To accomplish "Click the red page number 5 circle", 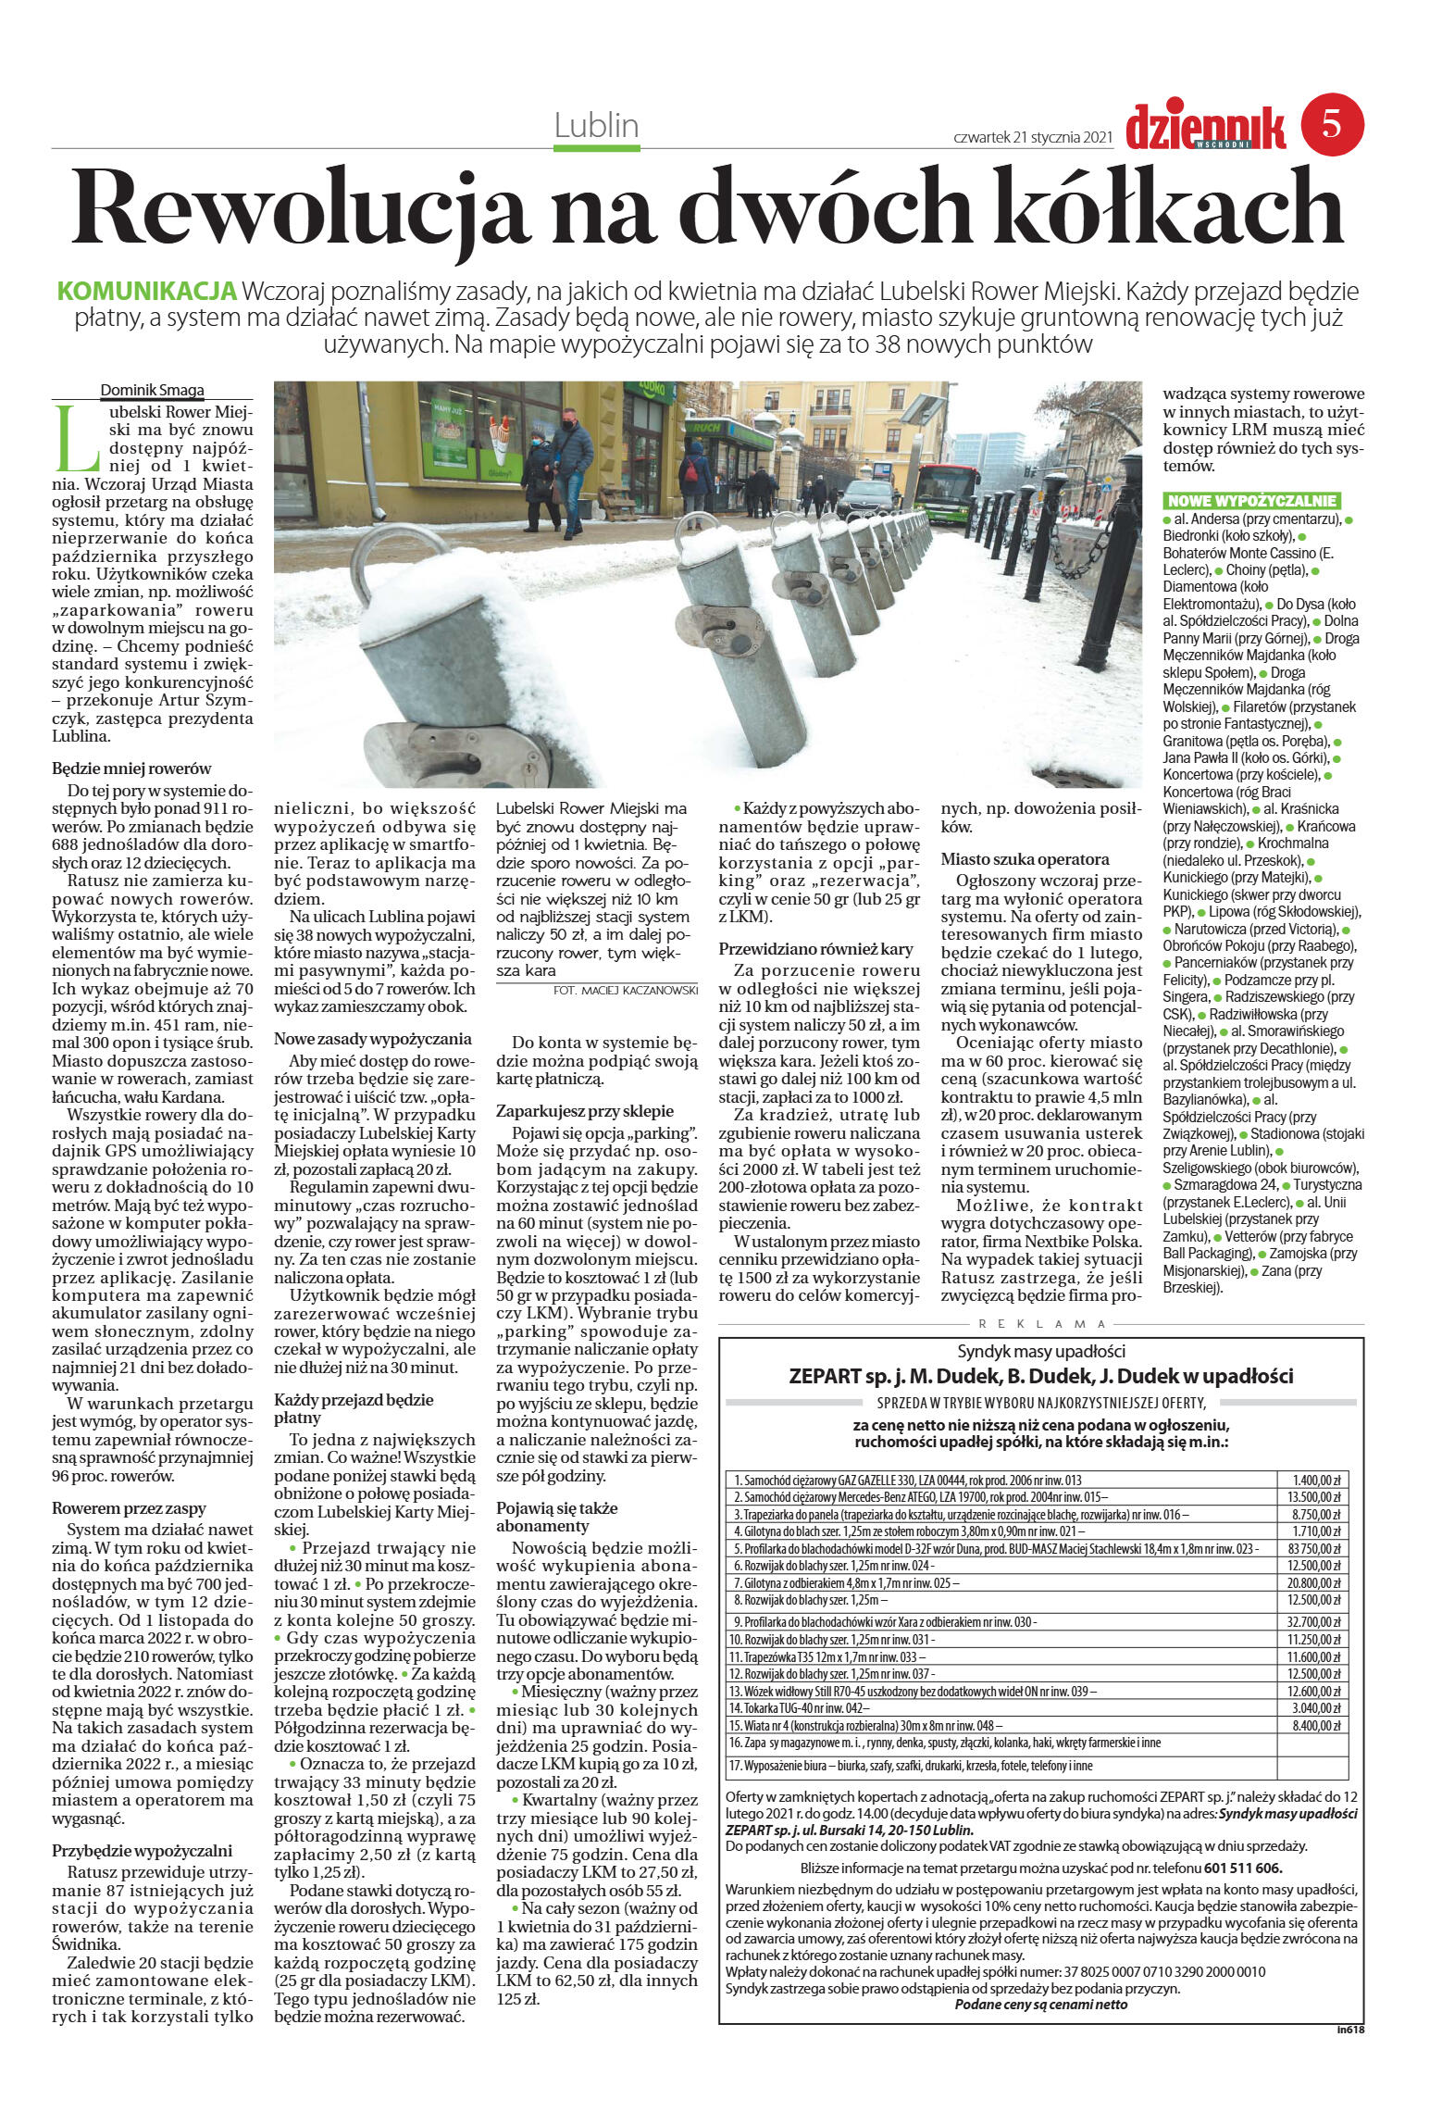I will point(1332,124).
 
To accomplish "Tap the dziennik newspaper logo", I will point(1205,127).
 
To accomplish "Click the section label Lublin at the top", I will point(596,126).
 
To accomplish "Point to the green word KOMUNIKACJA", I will point(147,292).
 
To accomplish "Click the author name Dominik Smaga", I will point(152,390).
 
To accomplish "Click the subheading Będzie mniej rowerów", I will point(131,768).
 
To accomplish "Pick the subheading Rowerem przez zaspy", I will point(129,1508).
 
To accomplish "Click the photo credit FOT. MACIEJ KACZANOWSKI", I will point(625,990).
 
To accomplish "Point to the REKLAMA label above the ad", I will point(1041,1324).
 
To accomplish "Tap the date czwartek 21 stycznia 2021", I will point(1032,137).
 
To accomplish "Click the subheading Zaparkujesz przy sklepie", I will point(585,1110).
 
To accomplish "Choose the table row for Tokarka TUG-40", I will point(1000,1708).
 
